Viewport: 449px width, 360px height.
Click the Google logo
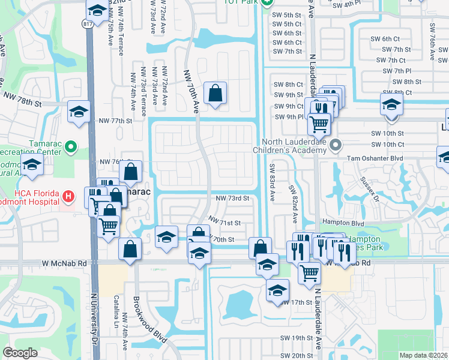click(20, 353)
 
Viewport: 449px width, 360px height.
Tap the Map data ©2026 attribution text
click(424, 355)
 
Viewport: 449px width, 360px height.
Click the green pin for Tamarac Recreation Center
click(71, 146)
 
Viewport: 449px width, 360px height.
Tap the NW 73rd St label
click(232, 199)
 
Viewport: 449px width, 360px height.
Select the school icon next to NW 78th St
click(79, 112)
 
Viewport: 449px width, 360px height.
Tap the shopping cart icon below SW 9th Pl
click(319, 124)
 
